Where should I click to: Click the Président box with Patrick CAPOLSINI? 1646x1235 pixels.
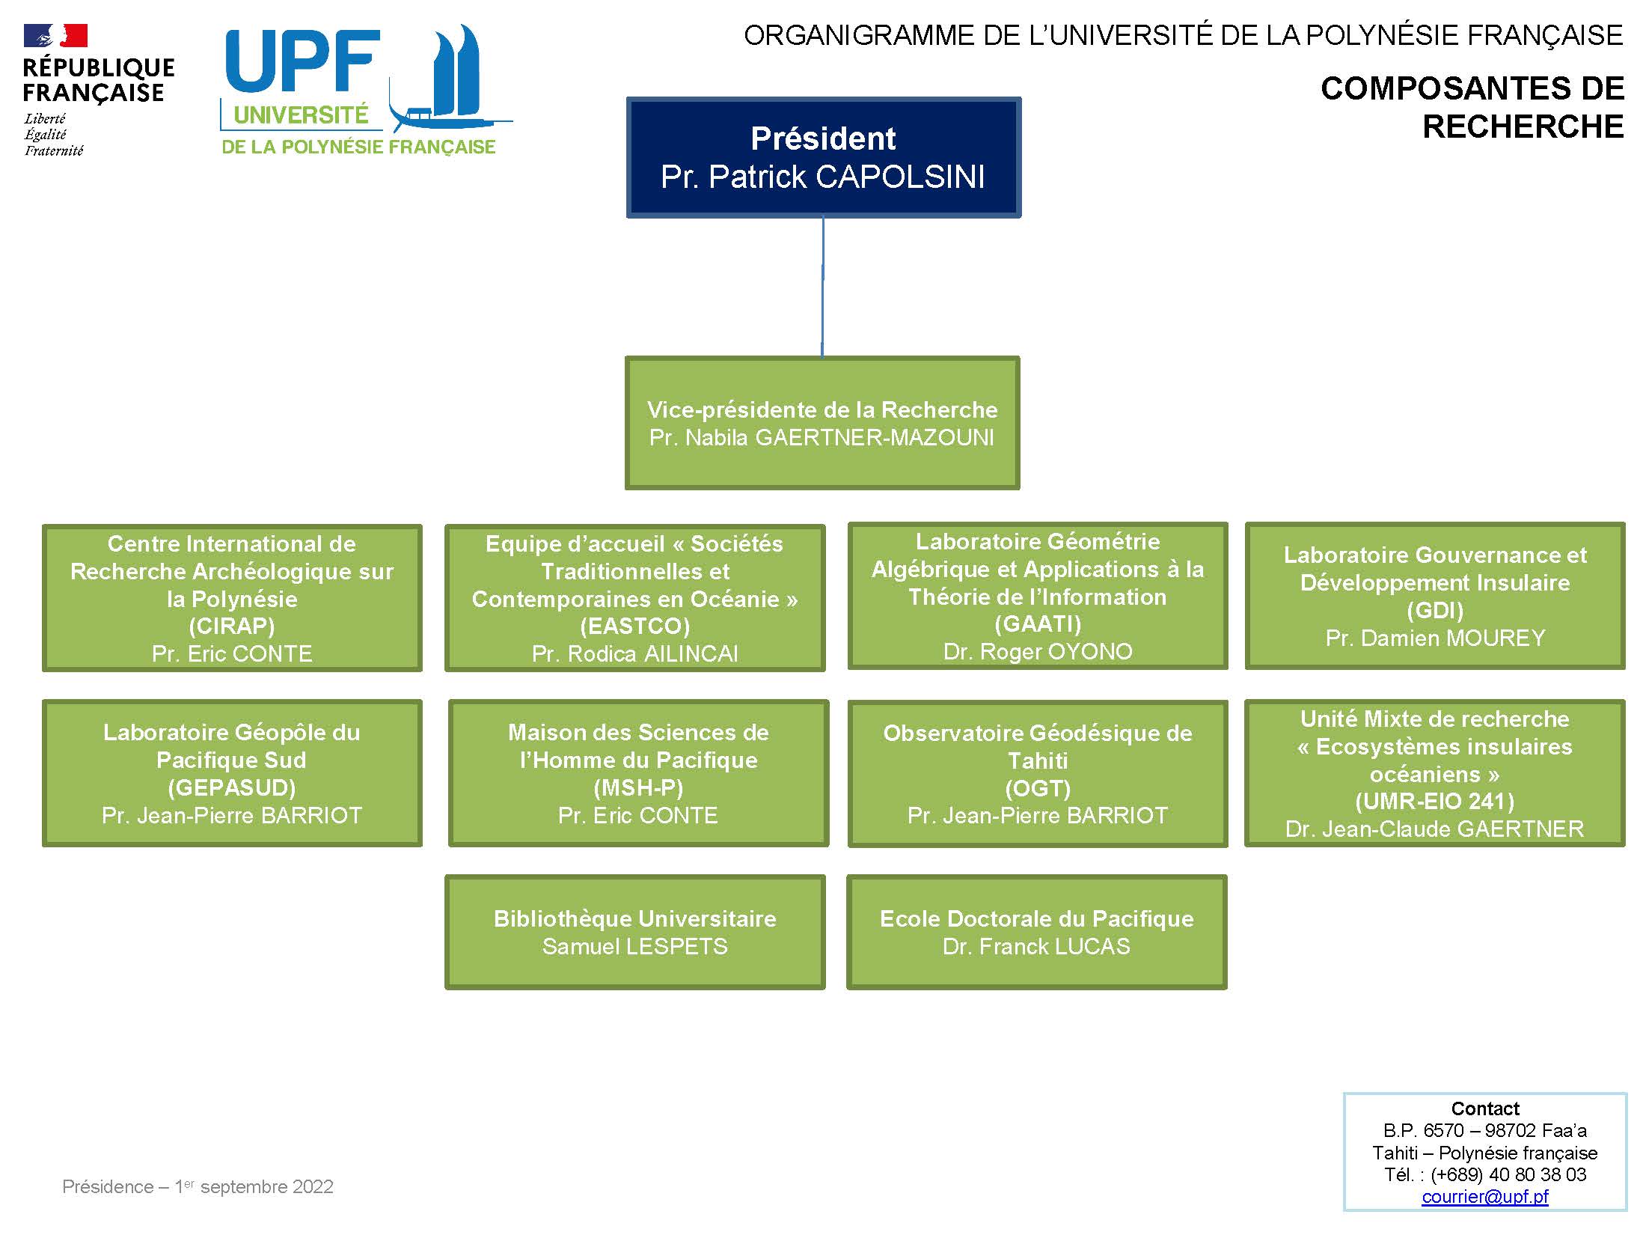(x=824, y=157)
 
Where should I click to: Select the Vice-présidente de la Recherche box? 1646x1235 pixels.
(x=822, y=423)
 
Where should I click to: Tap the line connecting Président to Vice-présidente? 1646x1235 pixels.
(x=823, y=287)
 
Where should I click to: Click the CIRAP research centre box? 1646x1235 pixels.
(x=232, y=598)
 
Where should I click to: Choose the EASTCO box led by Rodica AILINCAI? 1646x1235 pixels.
(x=635, y=598)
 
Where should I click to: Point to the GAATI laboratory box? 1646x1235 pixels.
(x=1038, y=596)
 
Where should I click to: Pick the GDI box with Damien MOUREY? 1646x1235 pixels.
(x=1435, y=596)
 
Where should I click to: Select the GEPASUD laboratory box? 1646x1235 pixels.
(x=232, y=773)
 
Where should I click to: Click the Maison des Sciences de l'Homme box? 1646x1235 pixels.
(x=638, y=773)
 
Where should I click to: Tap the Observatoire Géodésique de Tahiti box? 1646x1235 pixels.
(x=1038, y=774)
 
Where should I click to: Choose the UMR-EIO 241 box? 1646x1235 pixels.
(x=1435, y=773)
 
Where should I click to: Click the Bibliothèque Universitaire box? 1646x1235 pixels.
(x=635, y=933)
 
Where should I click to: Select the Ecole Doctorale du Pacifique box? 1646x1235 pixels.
(x=1037, y=933)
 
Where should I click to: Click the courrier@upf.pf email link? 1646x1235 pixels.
(x=1485, y=1196)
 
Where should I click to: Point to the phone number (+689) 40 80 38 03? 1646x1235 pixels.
(x=1508, y=1174)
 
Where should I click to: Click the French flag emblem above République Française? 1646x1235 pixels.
(x=55, y=35)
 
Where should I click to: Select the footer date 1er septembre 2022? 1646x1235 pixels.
(x=254, y=1186)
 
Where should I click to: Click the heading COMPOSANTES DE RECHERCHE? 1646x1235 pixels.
(x=1472, y=107)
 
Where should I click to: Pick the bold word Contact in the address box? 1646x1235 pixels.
(x=1485, y=1109)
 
